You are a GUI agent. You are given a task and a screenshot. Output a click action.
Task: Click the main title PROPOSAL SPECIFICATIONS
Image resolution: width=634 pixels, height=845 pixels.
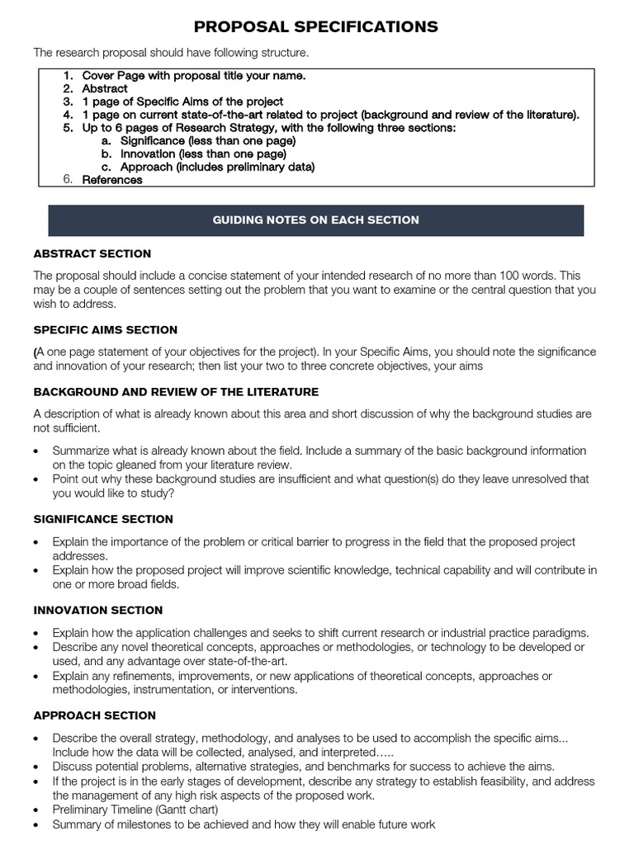pyautogui.click(x=316, y=27)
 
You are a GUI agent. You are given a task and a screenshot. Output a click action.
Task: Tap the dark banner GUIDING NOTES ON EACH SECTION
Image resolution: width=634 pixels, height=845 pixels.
pyautogui.click(x=316, y=220)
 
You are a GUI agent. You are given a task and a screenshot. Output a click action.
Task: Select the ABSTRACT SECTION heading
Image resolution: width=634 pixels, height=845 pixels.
pyautogui.click(x=92, y=253)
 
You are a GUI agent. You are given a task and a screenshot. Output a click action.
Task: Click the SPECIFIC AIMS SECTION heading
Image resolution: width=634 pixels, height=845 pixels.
pyautogui.click(x=105, y=330)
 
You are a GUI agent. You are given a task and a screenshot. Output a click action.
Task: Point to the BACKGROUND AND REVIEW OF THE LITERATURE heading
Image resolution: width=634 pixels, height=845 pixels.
pyautogui.click(x=176, y=392)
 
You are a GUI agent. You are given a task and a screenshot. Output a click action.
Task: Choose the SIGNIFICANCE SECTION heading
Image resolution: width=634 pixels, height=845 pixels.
pyautogui.click(x=103, y=519)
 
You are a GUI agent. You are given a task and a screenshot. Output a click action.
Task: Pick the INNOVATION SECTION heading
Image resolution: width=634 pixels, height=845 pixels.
pyautogui.click(x=98, y=611)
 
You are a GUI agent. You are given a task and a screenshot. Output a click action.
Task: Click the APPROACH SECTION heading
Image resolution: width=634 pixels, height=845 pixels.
pyautogui.click(x=94, y=715)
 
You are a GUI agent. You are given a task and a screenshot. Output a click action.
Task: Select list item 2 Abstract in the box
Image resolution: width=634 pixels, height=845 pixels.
pyautogui.click(x=104, y=88)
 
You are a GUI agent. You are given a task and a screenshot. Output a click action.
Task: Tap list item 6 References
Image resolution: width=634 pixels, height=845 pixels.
pyautogui.click(x=111, y=180)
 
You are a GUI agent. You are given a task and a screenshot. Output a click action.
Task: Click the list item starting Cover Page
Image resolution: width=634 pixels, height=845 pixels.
pyautogui.click(x=193, y=75)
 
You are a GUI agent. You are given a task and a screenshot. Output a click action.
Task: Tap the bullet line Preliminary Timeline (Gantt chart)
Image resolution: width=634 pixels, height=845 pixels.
pyautogui.click(x=135, y=810)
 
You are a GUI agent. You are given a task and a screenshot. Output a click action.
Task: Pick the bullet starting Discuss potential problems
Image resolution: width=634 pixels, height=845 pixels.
pyautogui.click(x=303, y=767)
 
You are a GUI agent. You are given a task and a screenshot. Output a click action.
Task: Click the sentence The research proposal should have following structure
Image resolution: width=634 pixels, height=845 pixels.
pyautogui.click(x=170, y=53)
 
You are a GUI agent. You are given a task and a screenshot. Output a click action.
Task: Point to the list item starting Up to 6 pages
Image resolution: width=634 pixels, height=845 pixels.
pyautogui.click(x=268, y=128)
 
